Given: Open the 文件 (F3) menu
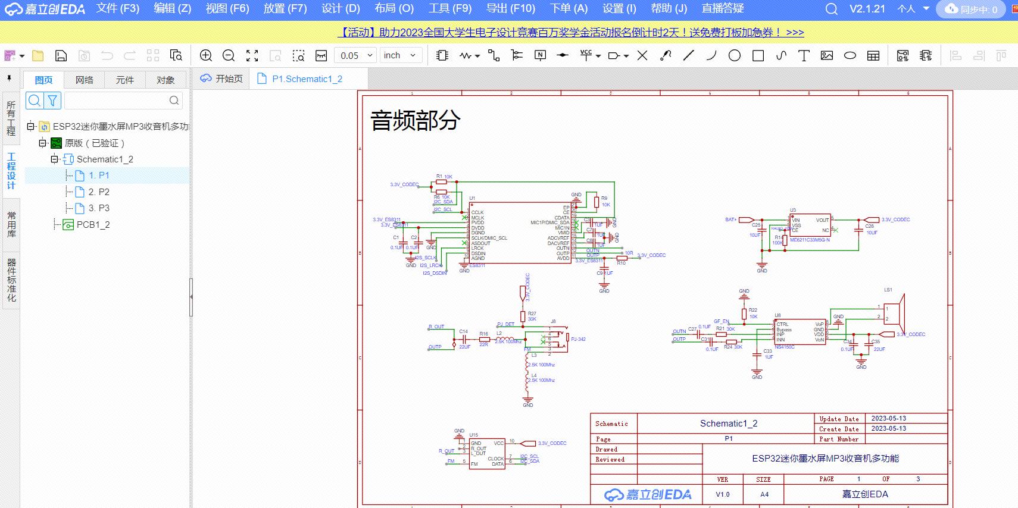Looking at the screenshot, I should [x=117, y=8].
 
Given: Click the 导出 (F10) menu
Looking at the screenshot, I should [x=510, y=8].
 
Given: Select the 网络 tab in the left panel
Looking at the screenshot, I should [x=85, y=80].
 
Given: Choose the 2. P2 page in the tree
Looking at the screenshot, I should [x=99, y=192].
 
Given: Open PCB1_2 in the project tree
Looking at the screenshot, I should [x=93, y=225].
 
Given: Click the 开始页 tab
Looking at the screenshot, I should [x=229, y=79].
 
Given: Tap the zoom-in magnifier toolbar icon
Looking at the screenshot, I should [x=206, y=55].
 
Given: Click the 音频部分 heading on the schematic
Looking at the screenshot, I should [x=415, y=120].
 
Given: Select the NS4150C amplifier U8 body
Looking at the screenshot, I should [x=800, y=333].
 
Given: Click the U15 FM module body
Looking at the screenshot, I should [x=487, y=453].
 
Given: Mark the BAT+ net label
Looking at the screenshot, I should [x=730, y=219].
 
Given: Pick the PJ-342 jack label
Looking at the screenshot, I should [x=578, y=340].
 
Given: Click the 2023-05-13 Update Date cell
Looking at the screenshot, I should [x=888, y=418].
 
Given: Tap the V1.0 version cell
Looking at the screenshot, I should [x=722, y=494].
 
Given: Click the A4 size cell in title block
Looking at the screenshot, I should [x=764, y=494].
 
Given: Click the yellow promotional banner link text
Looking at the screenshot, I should [x=571, y=33].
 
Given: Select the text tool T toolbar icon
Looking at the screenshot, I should [x=804, y=55].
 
